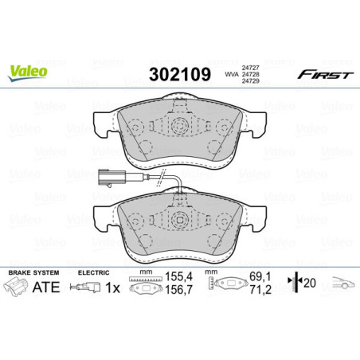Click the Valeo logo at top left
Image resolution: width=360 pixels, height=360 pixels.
(x=28, y=72)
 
